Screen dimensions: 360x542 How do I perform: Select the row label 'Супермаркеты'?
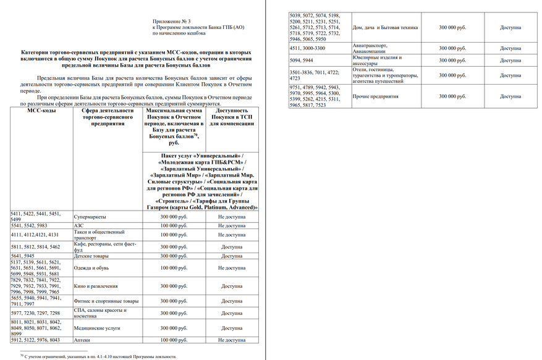tap(90, 217)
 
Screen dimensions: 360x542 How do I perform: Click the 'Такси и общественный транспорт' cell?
tap(100, 235)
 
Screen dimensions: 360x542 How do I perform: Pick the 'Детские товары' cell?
tap(91, 256)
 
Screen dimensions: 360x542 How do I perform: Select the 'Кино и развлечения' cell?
tap(96, 286)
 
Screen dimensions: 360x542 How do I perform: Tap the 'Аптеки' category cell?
tap(82, 340)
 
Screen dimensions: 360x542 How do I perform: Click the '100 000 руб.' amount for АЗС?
tap(174, 226)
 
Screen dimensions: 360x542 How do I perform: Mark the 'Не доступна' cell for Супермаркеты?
tap(231, 217)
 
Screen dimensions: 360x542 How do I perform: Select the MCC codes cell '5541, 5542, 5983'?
tap(31, 226)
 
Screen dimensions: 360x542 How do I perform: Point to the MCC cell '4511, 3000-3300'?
tap(307, 48)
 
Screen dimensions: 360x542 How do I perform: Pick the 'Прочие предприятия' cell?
tap(375, 96)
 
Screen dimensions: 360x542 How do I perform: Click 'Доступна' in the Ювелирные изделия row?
tap(510, 61)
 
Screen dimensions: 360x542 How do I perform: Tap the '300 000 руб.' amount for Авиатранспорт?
tap(452, 48)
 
